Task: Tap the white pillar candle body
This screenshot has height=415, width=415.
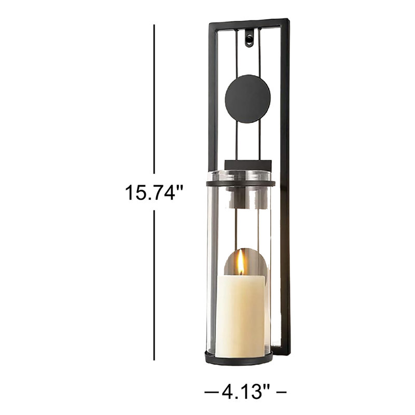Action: coord(241,316)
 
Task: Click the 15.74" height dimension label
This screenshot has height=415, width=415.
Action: coord(154,192)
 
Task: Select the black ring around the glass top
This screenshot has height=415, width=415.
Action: coord(241,184)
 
